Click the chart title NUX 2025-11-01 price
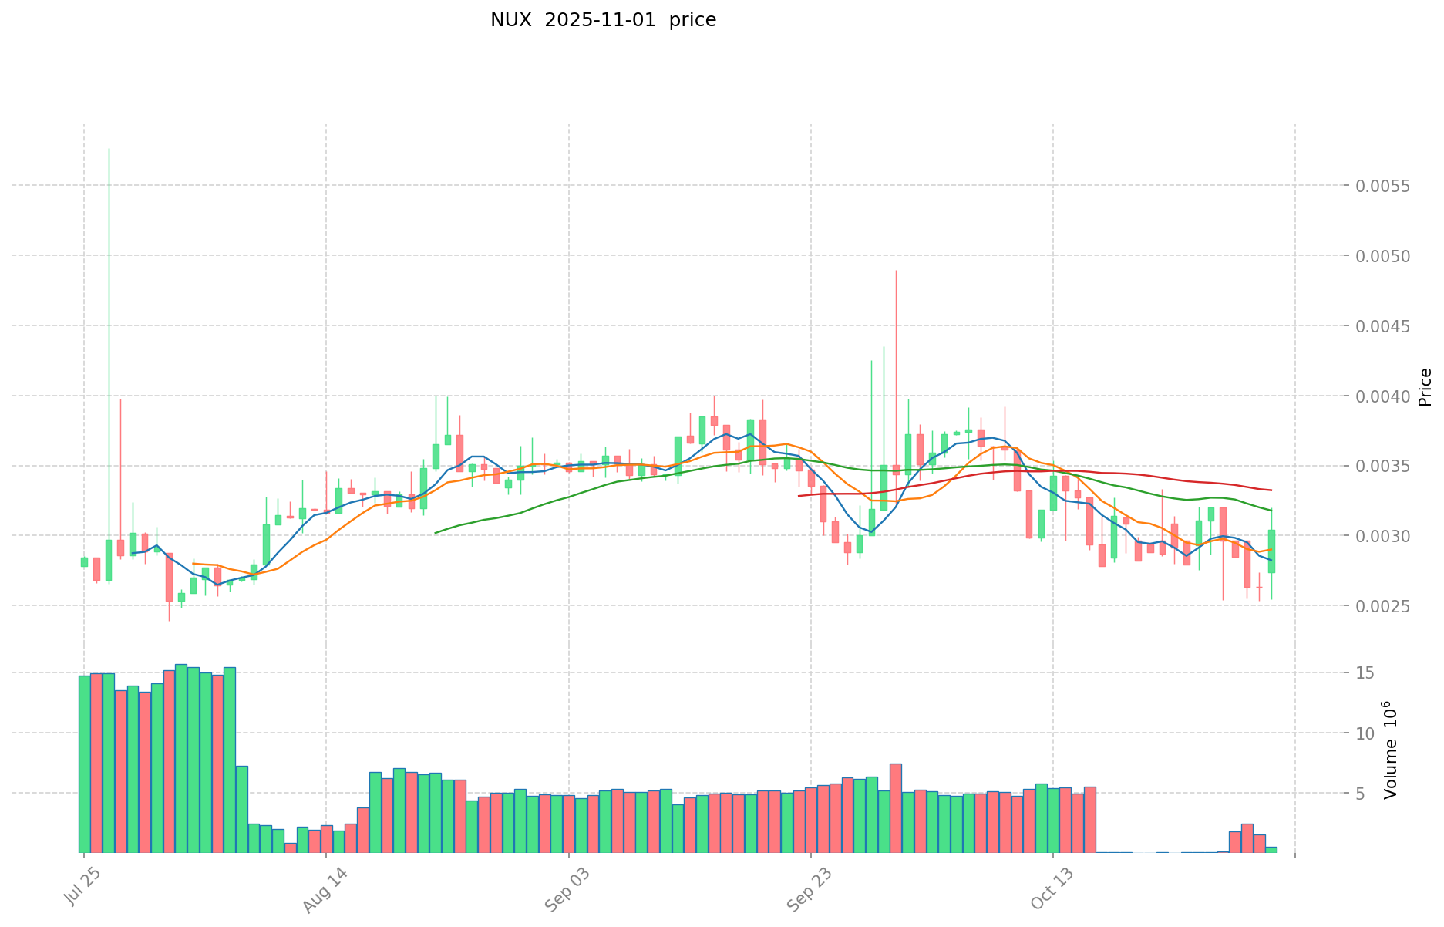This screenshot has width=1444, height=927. tap(603, 20)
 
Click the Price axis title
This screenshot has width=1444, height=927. tap(1425, 387)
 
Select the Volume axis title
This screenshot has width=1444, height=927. tap(1391, 750)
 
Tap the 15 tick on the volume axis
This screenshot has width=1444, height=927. tap(1365, 673)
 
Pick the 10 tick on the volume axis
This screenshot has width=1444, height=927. tap(1365, 733)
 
